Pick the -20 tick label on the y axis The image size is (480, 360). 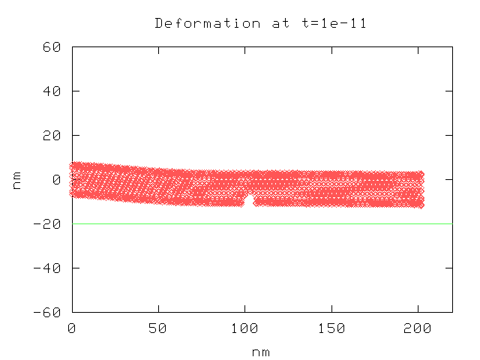(49, 223)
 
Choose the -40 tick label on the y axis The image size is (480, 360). (49, 268)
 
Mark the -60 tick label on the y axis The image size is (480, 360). (49, 312)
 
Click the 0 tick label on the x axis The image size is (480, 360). (72, 328)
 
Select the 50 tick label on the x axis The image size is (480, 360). (158, 328)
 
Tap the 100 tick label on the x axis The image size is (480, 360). (244, 328)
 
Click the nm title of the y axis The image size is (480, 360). (16, 179)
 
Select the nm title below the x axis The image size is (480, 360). (261, 352)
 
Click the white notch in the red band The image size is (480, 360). (249, 200)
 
